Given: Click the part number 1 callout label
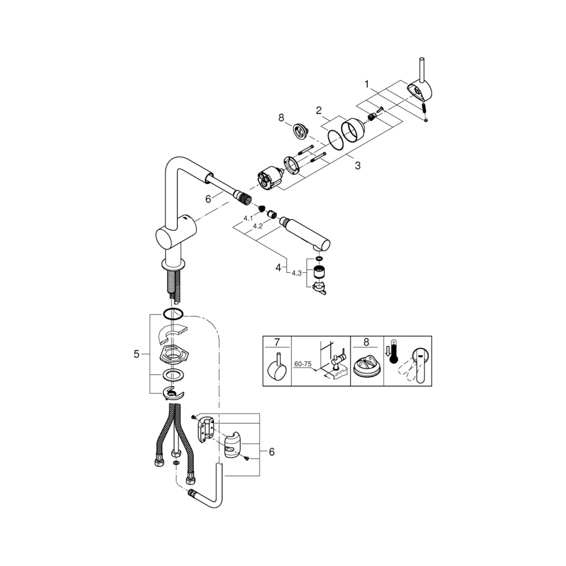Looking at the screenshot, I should pos(368,84).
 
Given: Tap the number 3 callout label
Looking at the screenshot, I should pos(357,166).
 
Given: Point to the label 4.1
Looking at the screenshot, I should pos(248,218).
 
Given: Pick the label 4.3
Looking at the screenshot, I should pos(296,273).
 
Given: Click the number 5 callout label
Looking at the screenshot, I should pos(136,354).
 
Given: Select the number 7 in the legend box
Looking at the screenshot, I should pos(277,343).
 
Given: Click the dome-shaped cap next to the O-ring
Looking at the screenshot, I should pos(352,129).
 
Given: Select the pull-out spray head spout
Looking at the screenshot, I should pos(309,234).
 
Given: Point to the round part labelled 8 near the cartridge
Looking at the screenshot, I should pos(300,132).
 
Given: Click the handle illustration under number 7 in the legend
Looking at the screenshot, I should pos(277,369).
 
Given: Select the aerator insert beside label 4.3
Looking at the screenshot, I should pos(318,271).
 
